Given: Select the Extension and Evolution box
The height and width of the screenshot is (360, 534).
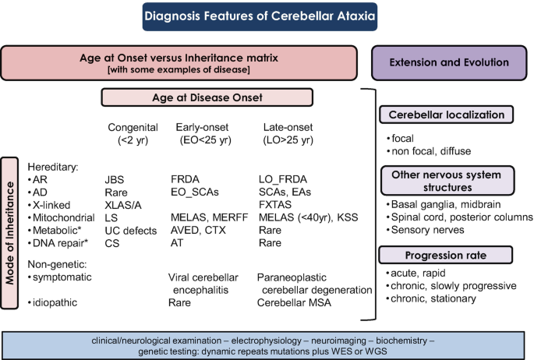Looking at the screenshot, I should [x=450, y=62].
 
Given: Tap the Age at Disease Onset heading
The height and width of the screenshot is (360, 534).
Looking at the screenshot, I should [x=207, y=98].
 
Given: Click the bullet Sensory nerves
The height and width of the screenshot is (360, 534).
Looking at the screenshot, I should [x=426, y=230].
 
